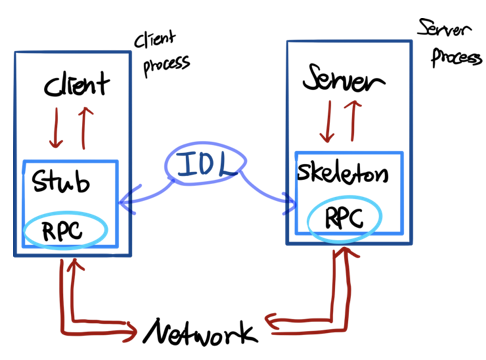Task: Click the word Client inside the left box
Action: [76, 84]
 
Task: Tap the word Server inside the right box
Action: [344, 78]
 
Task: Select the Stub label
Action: [61, 181]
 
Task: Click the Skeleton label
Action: [343, 172]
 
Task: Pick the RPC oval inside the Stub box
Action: [65, 212]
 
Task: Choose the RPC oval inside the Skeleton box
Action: [344, 198]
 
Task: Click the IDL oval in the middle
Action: [205, 144]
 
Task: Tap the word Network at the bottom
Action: [201, 332]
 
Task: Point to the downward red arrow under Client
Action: [56, 128]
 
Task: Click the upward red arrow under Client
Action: [84, 128]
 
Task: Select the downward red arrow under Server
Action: [328, 122]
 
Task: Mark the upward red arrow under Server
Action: [352, 121]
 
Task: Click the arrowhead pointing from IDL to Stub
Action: [128, 200]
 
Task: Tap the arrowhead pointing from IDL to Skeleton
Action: [290, 203]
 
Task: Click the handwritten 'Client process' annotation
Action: [162, 53]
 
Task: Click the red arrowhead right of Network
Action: [272, 321]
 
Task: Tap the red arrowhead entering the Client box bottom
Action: [75, 265]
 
